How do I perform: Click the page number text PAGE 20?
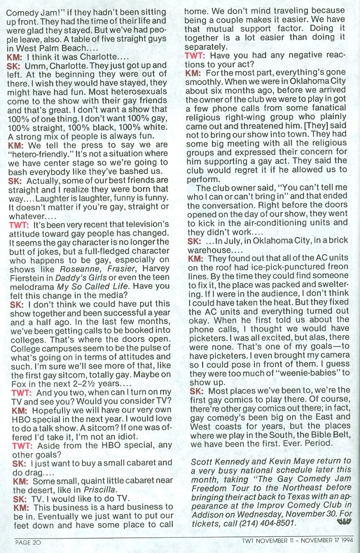pyautogui.click(x=29, y=542)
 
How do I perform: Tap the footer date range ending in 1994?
pyautogui.click(x=297, y=542)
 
